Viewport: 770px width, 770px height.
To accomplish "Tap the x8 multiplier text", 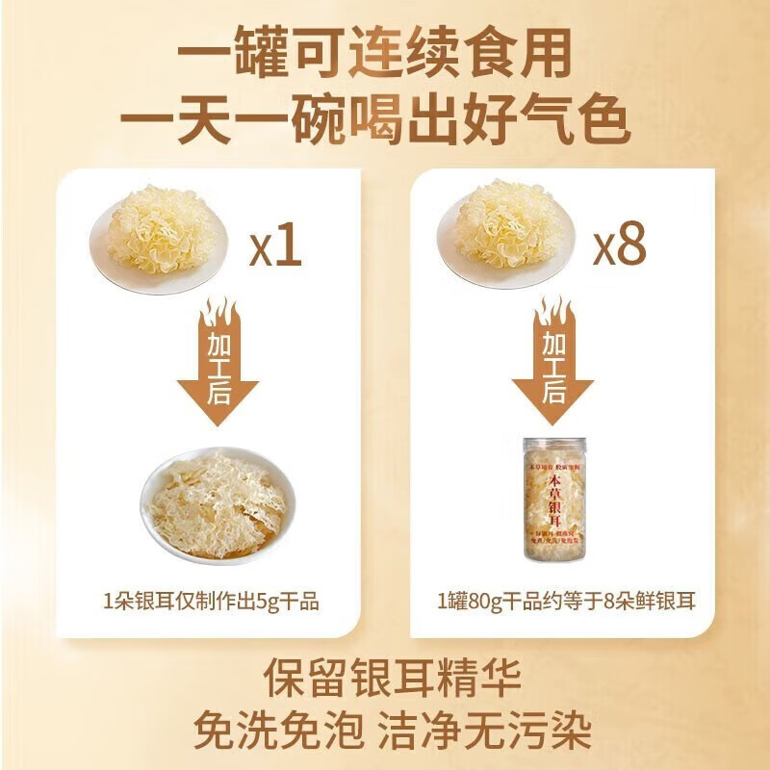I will (x=617, y=246).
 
